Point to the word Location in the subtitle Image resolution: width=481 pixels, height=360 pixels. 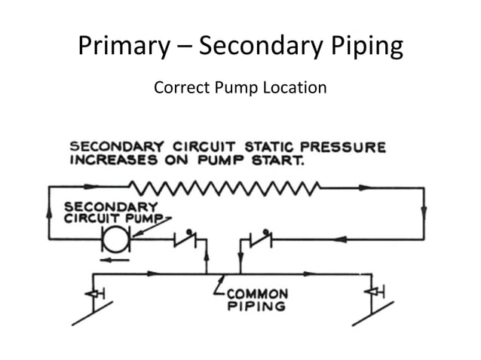[296, 87]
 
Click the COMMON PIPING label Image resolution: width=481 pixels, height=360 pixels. [257, 300]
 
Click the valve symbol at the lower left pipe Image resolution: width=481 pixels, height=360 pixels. [93, 292]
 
